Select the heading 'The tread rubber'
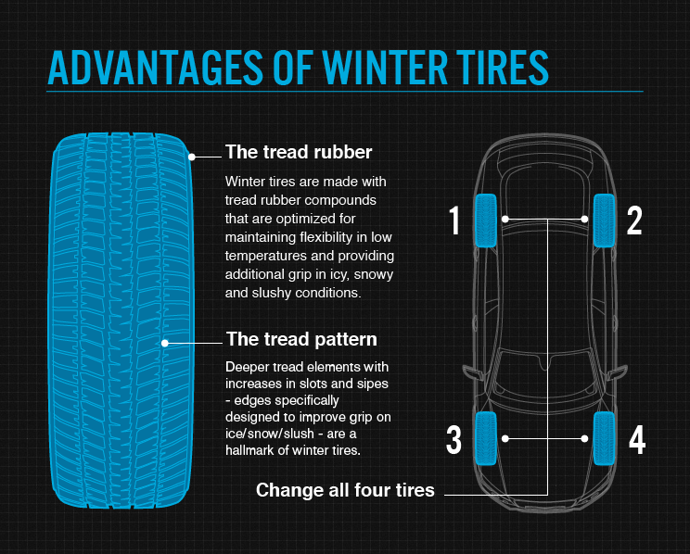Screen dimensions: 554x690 click(x=299, y=151)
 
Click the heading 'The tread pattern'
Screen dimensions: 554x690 click(x=301, y=339)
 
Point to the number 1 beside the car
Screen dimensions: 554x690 click(x=454, y=220)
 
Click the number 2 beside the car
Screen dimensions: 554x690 click(x=634, y=220)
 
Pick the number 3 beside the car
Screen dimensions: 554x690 click(x=454, y=440)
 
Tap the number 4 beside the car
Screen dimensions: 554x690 click(x=636, y=440)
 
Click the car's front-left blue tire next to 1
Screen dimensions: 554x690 click(x=486, y=220)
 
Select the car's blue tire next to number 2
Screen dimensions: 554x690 click(x=605, y=220)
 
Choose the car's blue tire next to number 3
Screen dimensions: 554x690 click(x=486, y=437)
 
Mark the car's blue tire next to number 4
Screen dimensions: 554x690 click(x=605, y=437)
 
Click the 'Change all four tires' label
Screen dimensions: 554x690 click(x=345, y=490)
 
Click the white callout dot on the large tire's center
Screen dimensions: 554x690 click(x=166, y=342)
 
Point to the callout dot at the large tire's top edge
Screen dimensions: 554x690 click(x=193, y=157)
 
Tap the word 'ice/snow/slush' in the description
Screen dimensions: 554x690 click(x=273, y=433)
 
